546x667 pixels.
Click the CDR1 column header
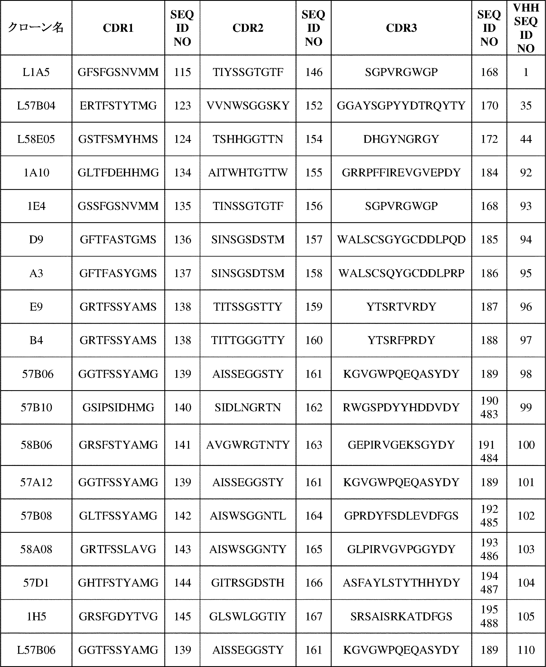coord(118,28)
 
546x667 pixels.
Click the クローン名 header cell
coord(36,28)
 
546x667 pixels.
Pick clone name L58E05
coord(36,139)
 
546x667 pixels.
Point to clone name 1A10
coord(36,172)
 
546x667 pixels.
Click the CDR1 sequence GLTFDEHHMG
coord(118,172)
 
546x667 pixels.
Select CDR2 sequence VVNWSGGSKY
coord(248,106)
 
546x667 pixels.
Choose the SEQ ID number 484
coord(489,458)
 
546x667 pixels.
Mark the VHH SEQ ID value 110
coord(526,650)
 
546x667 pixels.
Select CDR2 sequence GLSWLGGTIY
coord(248,616)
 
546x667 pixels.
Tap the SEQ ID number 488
coord(489,623)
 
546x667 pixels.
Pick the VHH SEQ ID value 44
coord(526,139)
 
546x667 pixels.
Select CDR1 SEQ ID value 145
coord(182,616)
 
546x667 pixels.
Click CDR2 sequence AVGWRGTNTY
coord(248,445)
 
